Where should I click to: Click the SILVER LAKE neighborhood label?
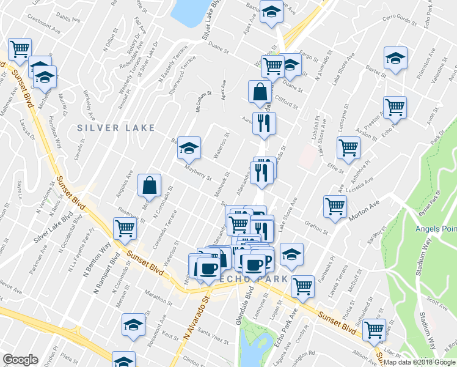pyautogui.click(x=108, y=127)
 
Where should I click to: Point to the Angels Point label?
pyautogui.click(x=435, y=229)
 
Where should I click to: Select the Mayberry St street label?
pyautogui.click(x=198, y=172)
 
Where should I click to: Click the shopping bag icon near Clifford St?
pyautogui.click(x=260, y=92)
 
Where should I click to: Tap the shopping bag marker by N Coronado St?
pyautogui.click(x=150, y=185)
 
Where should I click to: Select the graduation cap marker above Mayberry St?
pyautogui.click(x=189, y=147)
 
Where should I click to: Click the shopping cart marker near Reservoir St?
pyautogui.click(x=125, y=228)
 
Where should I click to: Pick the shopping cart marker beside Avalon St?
pyautogui.click(x=395, y=106)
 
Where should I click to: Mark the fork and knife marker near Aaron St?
pyautogui.click(x=264, y=123)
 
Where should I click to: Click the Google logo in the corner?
pyautogui.click(x=21, y=360)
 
